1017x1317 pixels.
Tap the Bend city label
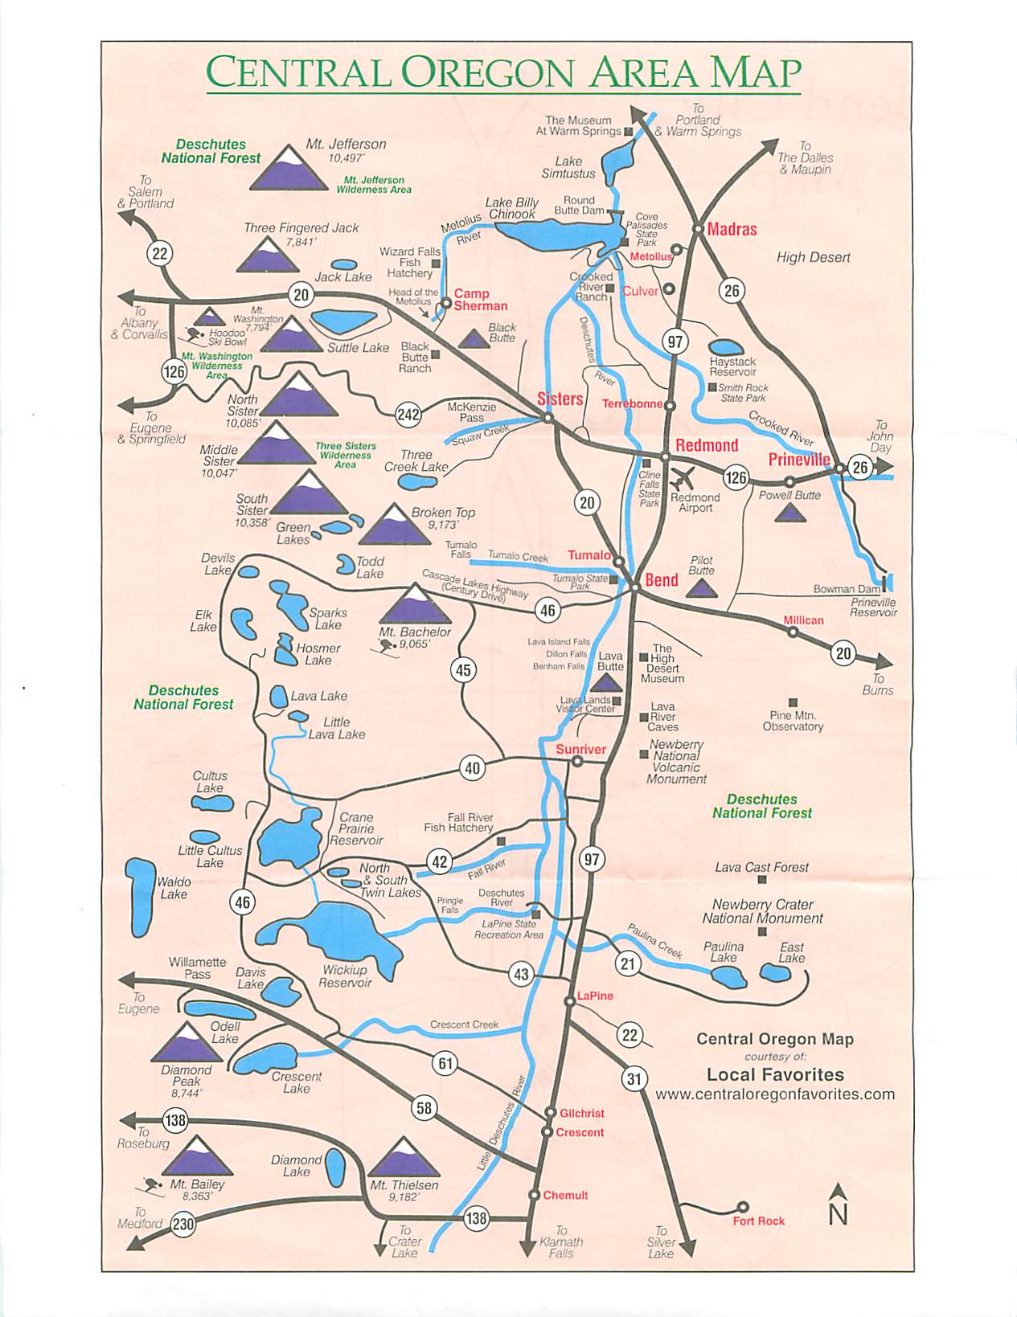[x=662, y=580]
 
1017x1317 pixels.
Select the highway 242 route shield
[x=408, y=414]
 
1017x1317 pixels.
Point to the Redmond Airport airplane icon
[x=682, y=480]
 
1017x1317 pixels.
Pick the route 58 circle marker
[x=424, y=1108]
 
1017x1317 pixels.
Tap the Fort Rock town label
[x=758, y=1221]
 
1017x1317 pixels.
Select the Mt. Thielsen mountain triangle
[x=403, y=1158]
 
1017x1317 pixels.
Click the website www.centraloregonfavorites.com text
[x=774, y=1094]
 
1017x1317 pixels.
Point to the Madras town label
[x=732, y=229]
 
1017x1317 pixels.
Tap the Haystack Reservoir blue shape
[x=727, y=348]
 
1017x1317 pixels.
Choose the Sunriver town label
[x=580, y=749]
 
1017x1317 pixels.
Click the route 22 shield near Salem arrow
[x=160, y=254]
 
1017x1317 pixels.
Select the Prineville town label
[x=798, y=460]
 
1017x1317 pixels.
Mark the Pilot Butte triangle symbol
[x=701, y=588]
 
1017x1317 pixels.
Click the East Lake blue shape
[x=776, y=974]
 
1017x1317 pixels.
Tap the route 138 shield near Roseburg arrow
[x=174, y=1120]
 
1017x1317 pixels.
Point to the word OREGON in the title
[x=489, y=73]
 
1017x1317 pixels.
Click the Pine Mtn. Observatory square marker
[x=793, y=702]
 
